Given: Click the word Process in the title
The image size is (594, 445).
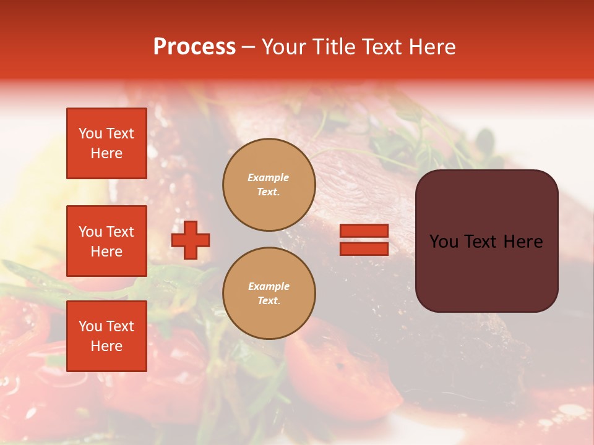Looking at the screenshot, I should click(x=194, y=47).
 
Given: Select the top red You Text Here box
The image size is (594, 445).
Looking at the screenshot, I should click(x=106, y=143).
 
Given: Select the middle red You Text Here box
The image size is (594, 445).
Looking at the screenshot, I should click(x=106, y=241).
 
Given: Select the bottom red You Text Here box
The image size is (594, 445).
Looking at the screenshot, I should click(x=106, y=336).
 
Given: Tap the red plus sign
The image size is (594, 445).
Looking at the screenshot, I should click(x=191, y=240).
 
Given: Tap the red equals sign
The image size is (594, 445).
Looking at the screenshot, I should click(x=364, y=240).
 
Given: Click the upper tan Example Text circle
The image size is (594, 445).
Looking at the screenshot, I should click(x=269, y=185).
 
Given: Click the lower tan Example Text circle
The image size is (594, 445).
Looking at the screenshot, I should click(x=269, y=294).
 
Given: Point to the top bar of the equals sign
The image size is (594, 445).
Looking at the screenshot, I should click(x=364, y=231).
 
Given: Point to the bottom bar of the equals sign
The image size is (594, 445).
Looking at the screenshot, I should click(x=364, y=248).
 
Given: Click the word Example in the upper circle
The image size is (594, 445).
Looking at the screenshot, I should click(x=269, y=178).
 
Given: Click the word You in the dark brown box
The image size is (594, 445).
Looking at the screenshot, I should click(x=444, y=242).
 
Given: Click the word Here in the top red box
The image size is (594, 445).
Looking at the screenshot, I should click(x=106, y=153).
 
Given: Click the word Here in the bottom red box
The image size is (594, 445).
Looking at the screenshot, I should click(x=106, y=346).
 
